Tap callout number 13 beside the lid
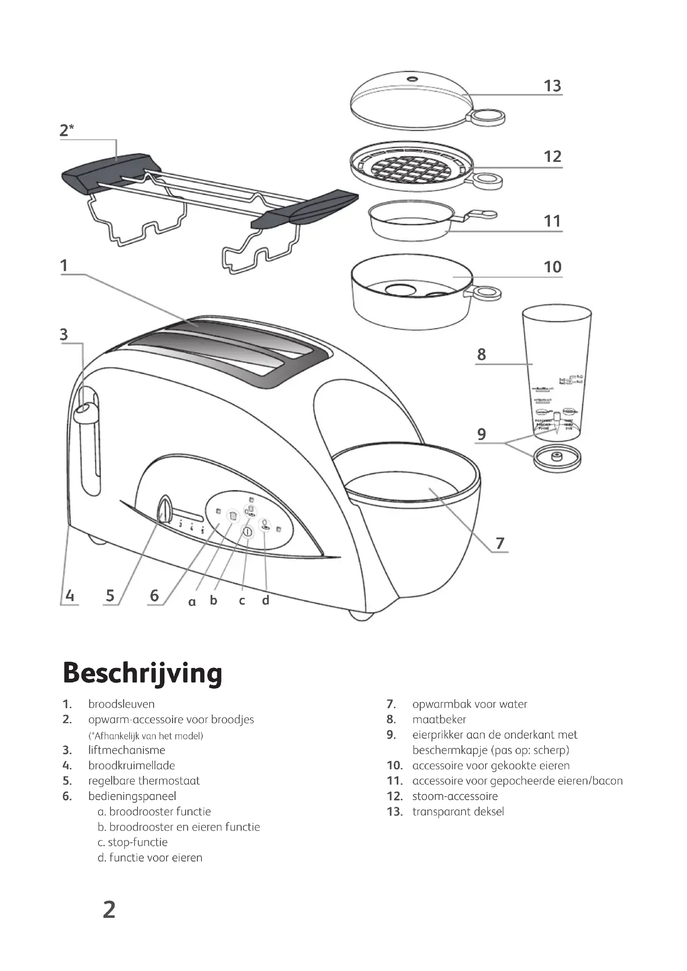click(552, 86)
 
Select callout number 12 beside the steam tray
click(552, 157)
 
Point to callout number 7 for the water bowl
click(500, 543)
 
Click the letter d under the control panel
click(266, 600)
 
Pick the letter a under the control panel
click(192, 602)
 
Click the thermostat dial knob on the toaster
click(164, 510)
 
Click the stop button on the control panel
click(248, 532)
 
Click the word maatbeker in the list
click(439, 719)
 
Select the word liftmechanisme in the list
click(127, 750)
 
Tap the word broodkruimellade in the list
click(131, 765)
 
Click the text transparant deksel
click(458, 811)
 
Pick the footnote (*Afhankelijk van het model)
click(145, 736)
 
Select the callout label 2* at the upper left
click(66, 130)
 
